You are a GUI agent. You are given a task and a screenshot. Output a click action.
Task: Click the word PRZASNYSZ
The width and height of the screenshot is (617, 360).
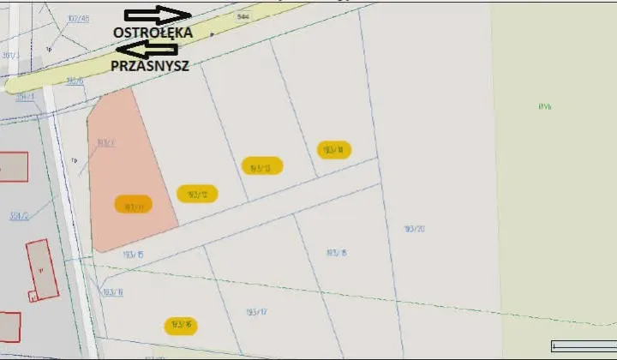pos(149,65)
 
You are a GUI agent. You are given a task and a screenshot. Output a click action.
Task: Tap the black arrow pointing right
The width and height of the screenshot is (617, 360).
pos(158,15)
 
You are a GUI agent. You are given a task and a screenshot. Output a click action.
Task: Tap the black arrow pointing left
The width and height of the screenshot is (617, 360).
pos(146,49)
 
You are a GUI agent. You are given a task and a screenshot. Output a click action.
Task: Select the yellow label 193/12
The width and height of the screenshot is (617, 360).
pos(197,194)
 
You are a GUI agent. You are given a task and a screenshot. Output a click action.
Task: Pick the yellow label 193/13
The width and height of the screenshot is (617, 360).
pos(261,166)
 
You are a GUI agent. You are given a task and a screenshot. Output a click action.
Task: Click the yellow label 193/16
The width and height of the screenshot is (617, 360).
pos(182,326)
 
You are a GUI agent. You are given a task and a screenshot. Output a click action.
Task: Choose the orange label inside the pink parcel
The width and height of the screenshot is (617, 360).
pos(134,206)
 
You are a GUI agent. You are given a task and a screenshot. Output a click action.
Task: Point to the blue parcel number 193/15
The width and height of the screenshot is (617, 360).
pos(133,255)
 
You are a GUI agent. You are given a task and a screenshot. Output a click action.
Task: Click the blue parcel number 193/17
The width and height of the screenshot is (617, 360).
pos(257,311)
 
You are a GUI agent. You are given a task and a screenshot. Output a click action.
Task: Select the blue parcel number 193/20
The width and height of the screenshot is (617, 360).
pos(415,228)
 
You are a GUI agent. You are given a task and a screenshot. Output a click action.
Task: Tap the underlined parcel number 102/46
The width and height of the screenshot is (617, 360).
pos(78,18)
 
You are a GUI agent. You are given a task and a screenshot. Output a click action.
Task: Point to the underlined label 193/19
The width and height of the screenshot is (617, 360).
pos(113,292)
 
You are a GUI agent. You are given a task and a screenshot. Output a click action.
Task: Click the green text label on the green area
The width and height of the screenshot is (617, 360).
pos(545,106)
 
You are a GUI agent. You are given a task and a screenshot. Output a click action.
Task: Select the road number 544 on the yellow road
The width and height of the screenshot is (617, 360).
pos(243,16)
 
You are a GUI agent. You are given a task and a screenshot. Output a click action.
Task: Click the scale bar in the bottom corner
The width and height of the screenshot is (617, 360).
pos(583,345)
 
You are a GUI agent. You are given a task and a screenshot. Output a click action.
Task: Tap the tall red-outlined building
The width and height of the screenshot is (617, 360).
pos(41,269)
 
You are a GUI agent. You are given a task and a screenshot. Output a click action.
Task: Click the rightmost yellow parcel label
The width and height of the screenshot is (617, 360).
pos(333,150)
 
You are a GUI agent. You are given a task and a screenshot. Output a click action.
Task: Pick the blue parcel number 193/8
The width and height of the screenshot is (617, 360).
pos(337,253)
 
